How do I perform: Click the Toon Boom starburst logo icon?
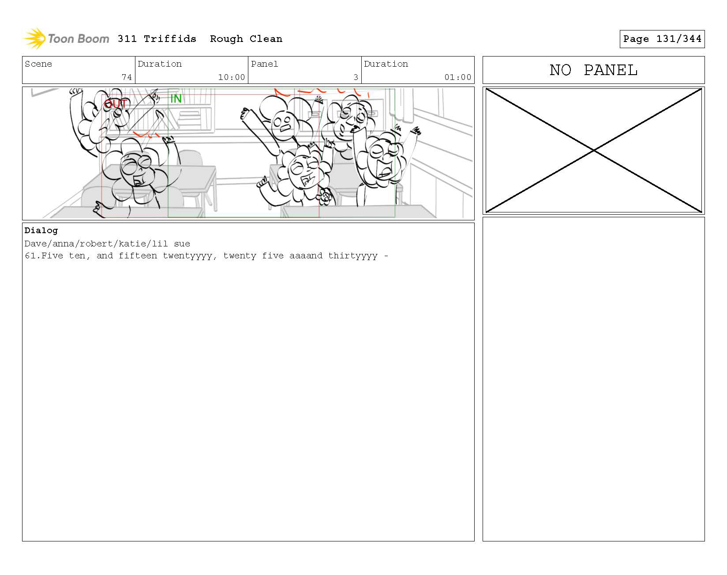click(x=34, y=38)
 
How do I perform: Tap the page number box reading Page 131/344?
click(x=662, y=39)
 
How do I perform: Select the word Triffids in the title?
click(x=170, y=39)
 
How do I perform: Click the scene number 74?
click(x=127, y=77)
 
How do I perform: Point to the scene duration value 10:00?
click(x=232, y=77)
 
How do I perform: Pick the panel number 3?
click(x=356, y=77)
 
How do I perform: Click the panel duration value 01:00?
click(x=458, y=77)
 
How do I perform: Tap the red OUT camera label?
click(x=116, y=104)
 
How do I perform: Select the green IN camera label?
click(x=176, y=98)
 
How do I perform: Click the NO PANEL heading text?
click(x=593, y=70)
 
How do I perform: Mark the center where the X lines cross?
click(x=594, y=151)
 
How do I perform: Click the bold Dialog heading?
click(x=41, y=231)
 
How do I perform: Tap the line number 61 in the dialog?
click(x=30, y=256)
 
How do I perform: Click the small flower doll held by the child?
click(x=325, y=195)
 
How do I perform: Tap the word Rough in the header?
click(x=226, y=39)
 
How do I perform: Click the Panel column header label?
click(x=264, y=64)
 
